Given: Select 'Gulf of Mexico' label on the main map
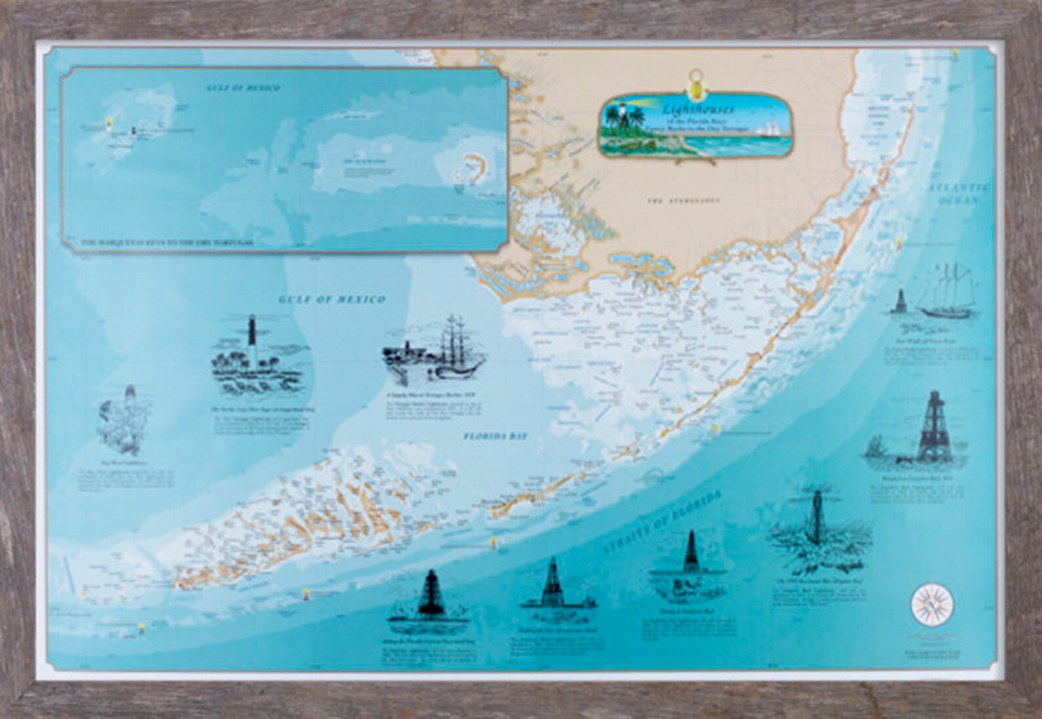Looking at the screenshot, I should click(332, 300).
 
